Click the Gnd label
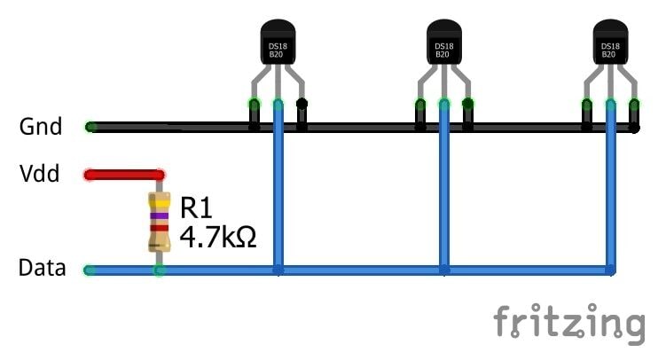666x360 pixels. click(x=41, y=127)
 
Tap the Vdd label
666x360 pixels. click(x=40, y=174)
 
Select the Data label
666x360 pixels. click(x=42, y=268)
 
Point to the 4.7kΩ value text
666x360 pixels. click(x=218, y=237)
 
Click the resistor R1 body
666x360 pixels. click(x=160, y=222)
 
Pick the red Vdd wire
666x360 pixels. click(x=124, y=175)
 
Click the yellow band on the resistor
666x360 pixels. click(x=160, y=203)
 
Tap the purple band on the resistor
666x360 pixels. click(x=160, y=215)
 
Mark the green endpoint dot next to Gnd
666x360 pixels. click(x=90, y=127)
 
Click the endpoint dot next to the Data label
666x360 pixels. click(x=89, y=270)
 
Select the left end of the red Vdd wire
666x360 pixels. click(x=90, y=175)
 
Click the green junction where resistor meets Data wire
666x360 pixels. click(x=160, y=270)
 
